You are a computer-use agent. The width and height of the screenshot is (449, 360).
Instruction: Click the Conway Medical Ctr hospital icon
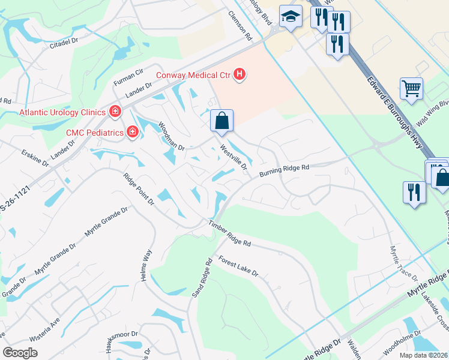(240, 74)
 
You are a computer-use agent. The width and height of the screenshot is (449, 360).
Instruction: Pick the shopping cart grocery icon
(412, 89)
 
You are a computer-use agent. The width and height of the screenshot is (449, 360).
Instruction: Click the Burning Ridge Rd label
(284, 170)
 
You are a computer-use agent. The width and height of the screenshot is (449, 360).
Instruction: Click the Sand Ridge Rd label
(202, 278)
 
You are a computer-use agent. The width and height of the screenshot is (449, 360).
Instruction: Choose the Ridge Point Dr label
(139, 190)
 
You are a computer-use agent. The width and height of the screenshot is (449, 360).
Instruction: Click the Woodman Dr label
(171, 136)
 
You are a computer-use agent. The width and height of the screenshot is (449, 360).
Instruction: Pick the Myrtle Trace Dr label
(403, 263)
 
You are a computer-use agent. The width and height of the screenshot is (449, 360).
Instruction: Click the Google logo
(20, 353)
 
